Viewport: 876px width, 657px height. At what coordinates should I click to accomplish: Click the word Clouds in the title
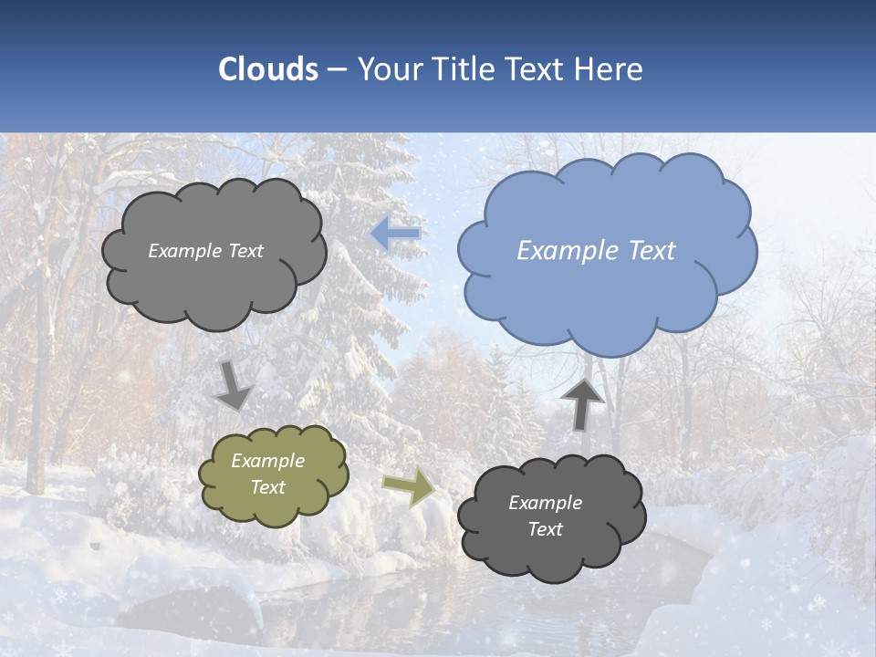click(x=268, y=69)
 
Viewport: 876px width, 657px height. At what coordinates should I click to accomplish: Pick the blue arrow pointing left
click(x=396, y=234)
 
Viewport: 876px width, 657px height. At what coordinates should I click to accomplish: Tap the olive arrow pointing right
click(x=410, y=487)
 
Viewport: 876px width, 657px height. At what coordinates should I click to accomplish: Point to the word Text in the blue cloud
click(x=652, y=251)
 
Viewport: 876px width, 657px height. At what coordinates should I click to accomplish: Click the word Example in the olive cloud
click(x=268, y=462)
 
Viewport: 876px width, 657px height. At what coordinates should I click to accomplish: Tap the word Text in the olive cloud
click(x=268, y=487)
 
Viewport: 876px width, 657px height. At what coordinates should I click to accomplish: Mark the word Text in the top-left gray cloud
click(x=245, y=251)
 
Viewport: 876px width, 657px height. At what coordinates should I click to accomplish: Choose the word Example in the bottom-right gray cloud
click(x=545, y=503)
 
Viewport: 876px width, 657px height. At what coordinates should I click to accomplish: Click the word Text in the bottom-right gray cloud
click(x=545, y=529)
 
